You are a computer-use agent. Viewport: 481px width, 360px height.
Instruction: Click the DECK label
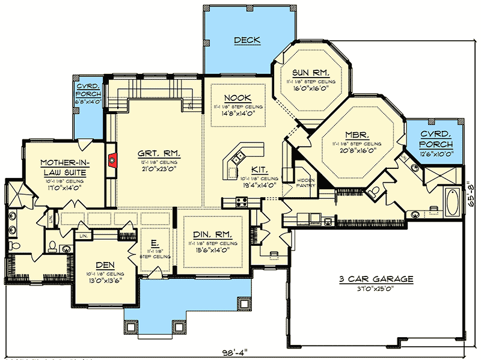click(247, 40)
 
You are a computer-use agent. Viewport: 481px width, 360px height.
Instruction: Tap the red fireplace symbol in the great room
click(112, 160)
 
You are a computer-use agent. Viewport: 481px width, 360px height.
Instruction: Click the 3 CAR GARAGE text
click(376, 279)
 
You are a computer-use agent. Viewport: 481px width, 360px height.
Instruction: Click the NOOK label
click(237, 98)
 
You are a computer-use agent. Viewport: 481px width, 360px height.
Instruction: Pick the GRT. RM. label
click(159, 153)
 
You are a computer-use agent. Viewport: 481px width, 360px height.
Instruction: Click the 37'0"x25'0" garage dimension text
click(376, 289)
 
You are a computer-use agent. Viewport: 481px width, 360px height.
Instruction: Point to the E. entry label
click(155, 243)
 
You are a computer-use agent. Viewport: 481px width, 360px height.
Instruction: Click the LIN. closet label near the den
click(82, 236)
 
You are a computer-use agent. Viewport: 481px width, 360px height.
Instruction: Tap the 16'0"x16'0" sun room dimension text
click(310, 87)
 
